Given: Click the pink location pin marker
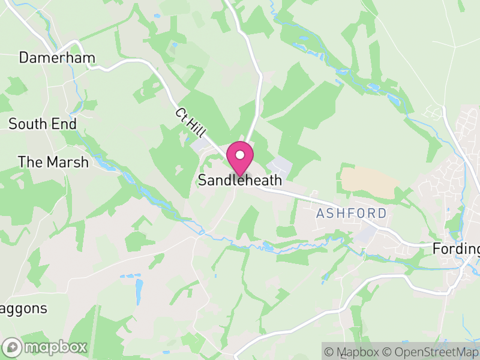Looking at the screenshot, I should click(240, 159).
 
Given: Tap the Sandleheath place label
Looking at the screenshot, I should click(240, 180).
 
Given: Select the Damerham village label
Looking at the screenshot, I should click(57, 58).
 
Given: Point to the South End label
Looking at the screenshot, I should click(43, 124).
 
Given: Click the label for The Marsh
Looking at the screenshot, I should click(53, 162).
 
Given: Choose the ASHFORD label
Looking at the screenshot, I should click(352, 214).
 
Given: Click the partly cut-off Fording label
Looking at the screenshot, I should click(457, 249).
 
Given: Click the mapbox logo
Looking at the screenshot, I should click(46, 347).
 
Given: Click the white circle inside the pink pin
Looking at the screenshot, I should click(240, 155).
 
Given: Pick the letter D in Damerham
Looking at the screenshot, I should click(25, 58).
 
